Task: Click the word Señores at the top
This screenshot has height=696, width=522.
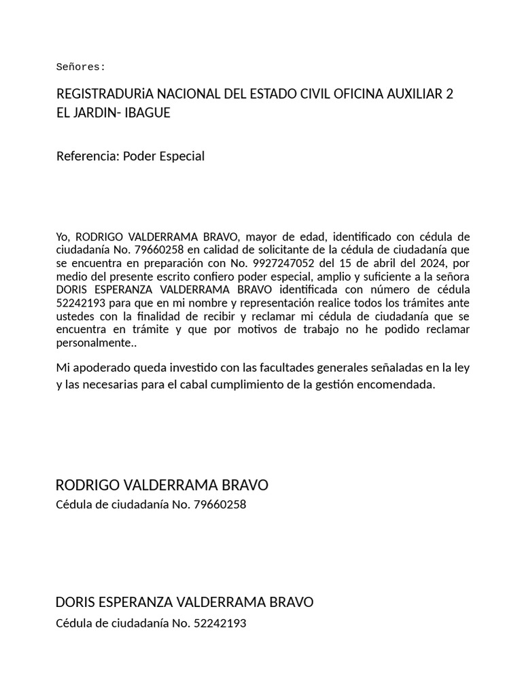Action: [x=80, y=67]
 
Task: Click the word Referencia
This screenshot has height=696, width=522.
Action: [x=87, y=156]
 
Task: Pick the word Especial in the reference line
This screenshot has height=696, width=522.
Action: [x=181, y=156]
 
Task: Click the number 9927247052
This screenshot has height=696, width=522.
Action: [x=280, y=264]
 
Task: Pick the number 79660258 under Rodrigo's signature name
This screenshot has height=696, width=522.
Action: [x=220, y=505]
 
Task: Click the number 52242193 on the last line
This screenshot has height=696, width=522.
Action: [x=220, y=623]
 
